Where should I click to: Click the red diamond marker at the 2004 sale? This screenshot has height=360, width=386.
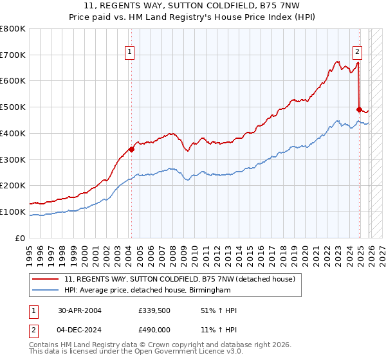coord(131,149)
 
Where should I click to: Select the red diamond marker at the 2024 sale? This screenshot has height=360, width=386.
coord(359,109)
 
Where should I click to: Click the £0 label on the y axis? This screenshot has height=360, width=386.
coord(21,238)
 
